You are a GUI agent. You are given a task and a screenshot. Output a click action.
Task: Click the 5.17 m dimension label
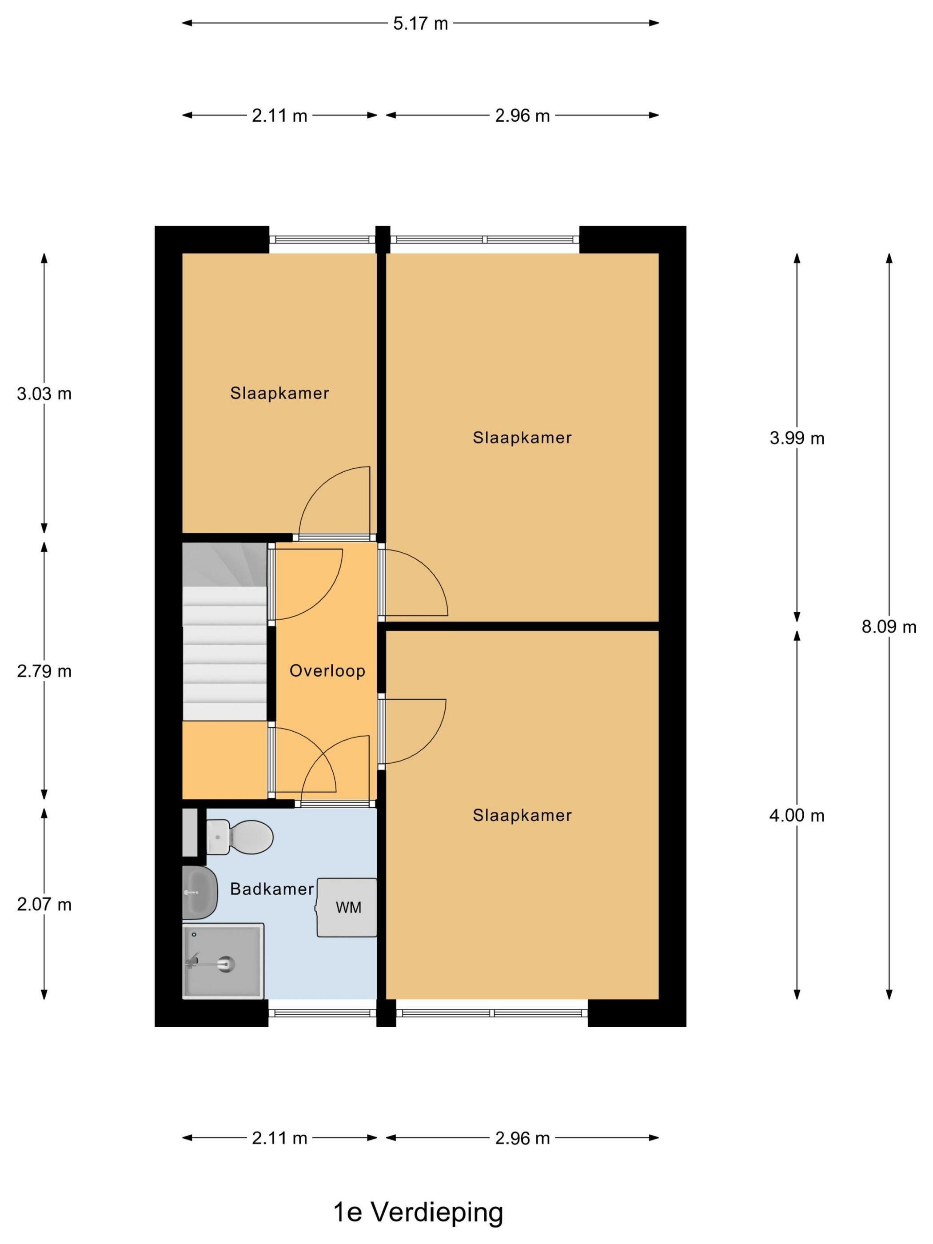[420, 24]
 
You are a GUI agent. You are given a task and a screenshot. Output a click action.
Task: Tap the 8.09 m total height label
[889, 626]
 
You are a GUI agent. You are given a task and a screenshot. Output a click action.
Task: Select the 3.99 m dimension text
[796, 438]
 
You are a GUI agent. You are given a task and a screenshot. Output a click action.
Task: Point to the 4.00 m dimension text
[796, 815]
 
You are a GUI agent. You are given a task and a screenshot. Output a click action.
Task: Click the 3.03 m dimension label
[44, 394]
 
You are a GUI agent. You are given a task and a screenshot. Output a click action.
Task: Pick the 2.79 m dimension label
[44, 671]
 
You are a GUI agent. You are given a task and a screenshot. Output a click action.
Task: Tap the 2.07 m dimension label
[44, 904]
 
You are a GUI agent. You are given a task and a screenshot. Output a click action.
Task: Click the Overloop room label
[327, 670]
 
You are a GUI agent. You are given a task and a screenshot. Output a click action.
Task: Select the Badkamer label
[271, 889]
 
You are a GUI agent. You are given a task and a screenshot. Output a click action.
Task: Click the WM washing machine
[347, 907]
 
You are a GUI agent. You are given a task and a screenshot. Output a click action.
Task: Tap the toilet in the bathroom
[239, 837]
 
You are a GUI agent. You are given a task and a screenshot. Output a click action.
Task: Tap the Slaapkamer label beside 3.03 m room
[279, 393]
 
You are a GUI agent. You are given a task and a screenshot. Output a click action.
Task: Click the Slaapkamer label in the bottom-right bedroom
[522, 815]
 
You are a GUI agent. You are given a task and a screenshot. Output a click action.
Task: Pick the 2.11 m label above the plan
[279, 116]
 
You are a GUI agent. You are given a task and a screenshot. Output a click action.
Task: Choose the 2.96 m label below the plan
[522, 1138]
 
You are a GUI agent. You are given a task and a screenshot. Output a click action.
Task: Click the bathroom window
[322, 1013]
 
